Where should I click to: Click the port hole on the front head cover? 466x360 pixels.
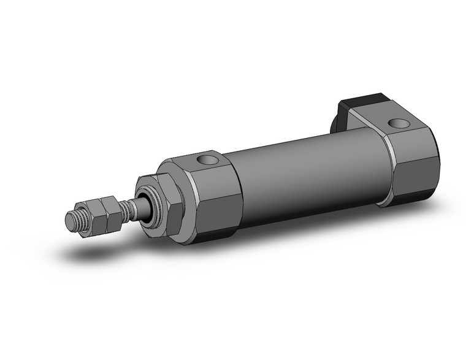[x=208, y=162]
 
